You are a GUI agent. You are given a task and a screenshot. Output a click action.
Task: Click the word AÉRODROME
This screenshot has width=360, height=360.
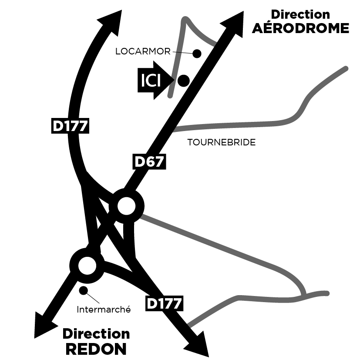(300, 28)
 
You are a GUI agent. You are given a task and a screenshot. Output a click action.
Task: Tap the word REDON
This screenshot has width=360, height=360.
(96, 349)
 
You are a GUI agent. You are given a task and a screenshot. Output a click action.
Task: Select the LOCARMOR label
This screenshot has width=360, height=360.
(142, 51)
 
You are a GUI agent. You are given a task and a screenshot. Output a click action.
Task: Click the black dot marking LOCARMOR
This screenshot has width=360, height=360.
(197, 54)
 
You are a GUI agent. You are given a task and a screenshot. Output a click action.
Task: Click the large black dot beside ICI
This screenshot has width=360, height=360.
(183, 80)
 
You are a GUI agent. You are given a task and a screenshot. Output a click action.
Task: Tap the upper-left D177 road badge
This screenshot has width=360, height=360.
(70, 126)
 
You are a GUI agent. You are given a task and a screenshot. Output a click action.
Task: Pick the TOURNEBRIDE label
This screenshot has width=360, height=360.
(221, 142)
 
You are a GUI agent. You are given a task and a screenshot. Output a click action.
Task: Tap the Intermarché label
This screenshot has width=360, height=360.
(104, 310)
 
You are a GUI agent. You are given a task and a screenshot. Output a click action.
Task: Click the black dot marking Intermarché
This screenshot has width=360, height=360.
(83, 290)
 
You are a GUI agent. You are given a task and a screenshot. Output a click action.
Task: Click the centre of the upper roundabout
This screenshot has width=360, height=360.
(127, 206)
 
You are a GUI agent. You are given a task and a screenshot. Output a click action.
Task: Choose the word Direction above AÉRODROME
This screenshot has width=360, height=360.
(300, 14)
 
